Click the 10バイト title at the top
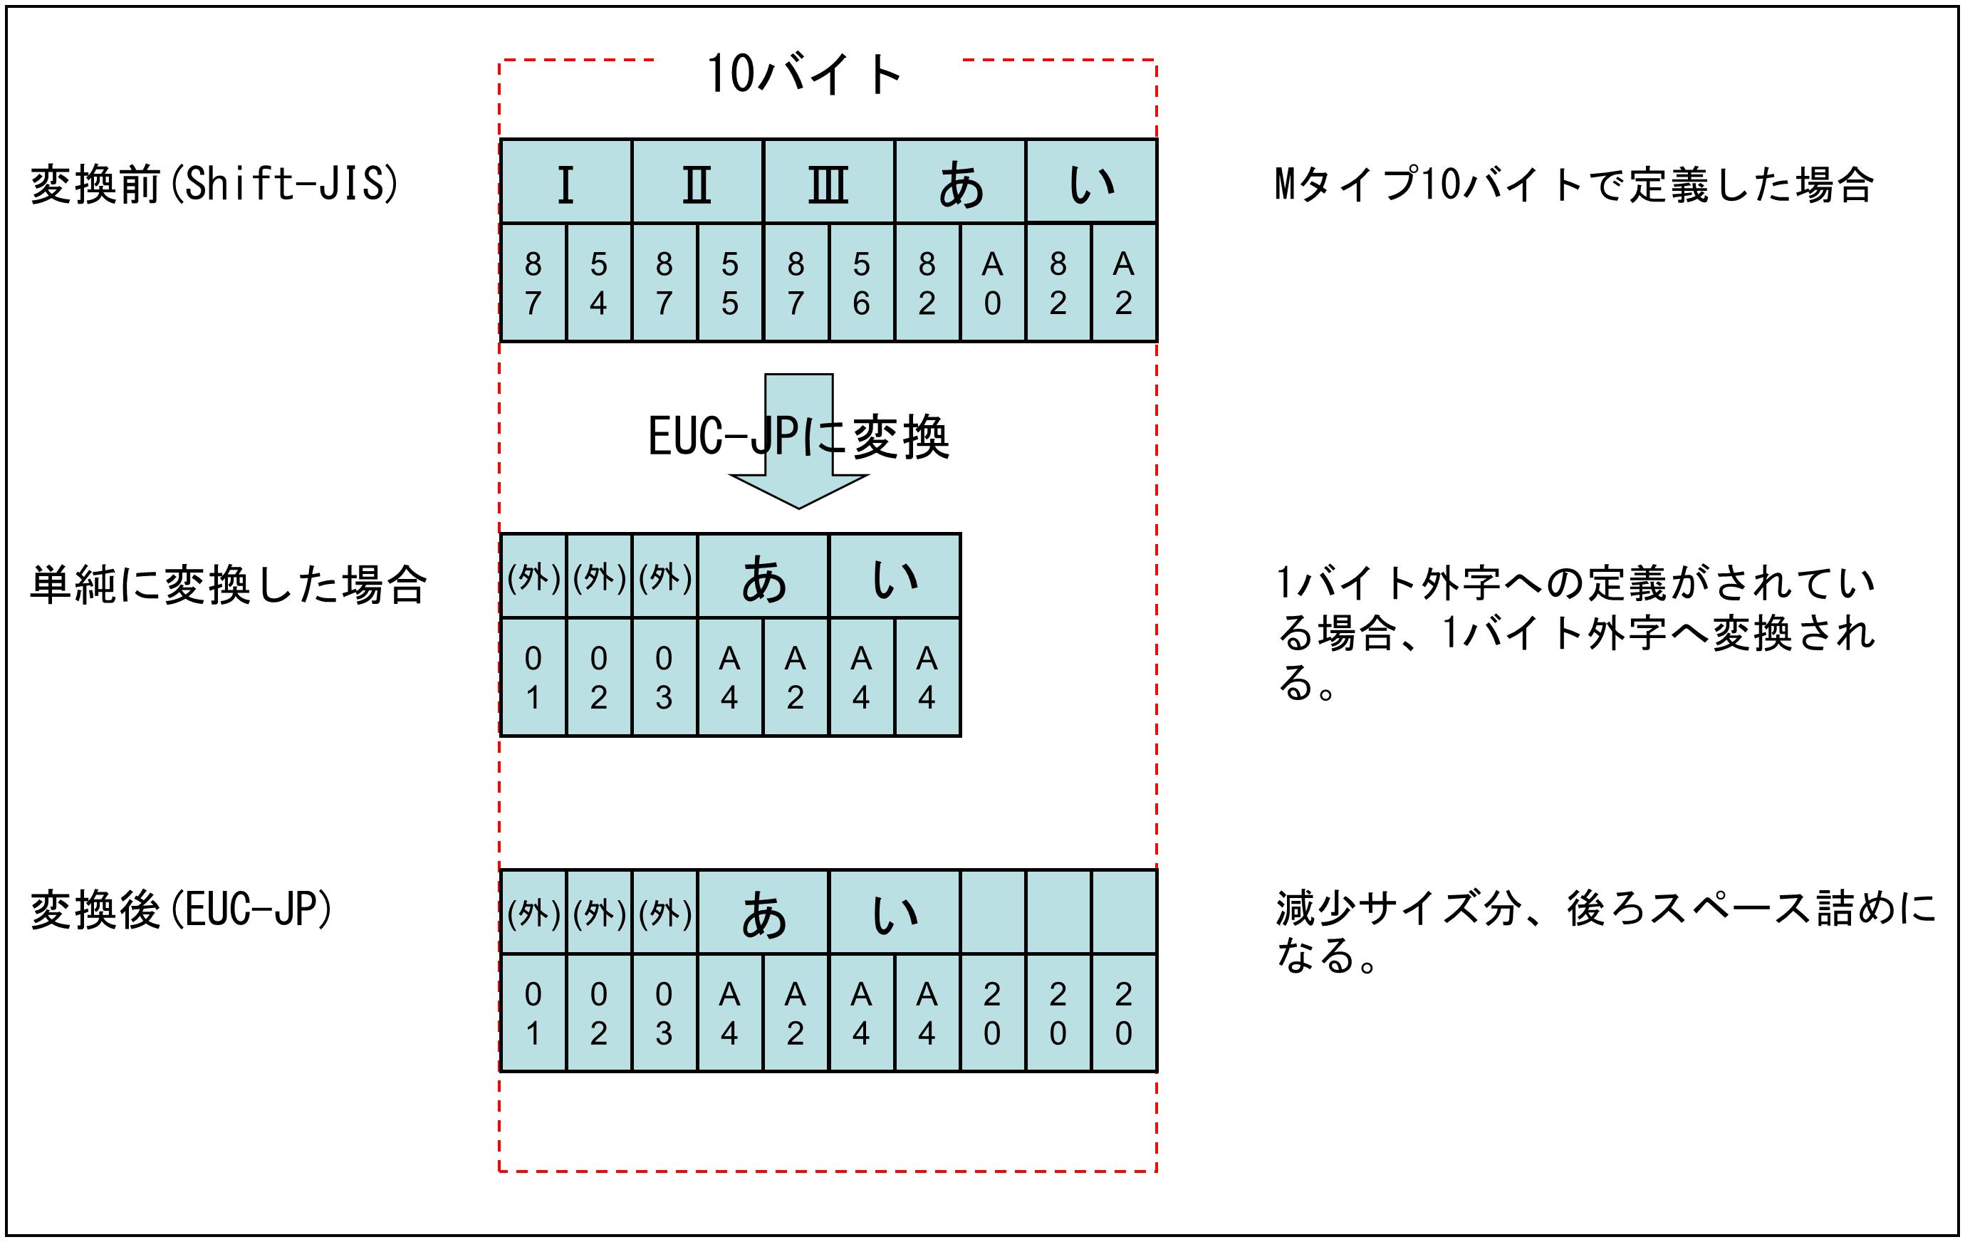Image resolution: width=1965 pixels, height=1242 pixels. click(805, 74)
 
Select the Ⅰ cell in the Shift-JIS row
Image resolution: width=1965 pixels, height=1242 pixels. click(565, 182)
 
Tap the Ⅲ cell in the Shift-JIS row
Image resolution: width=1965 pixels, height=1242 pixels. click(828, 182)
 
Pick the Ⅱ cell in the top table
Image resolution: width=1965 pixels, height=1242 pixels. click(697, 182)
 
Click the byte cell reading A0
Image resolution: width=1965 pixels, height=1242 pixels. click(992, 283)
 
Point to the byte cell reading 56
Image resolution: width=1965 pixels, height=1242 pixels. click(861, 283)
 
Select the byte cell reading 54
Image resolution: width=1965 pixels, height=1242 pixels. click(598, 283)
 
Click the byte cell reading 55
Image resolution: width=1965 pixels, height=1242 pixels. click(729, 283)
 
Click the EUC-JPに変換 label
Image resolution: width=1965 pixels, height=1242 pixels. click(798, 437)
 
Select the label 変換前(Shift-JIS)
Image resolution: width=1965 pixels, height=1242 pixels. click(214, 184)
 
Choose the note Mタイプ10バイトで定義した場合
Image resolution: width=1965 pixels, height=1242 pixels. click(1573, 184)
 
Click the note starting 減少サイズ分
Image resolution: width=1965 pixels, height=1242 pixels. click(1603, 931)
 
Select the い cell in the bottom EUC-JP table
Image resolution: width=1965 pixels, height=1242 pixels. click(895, 913)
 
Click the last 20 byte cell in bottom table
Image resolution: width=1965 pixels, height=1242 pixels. click(1124, 1013)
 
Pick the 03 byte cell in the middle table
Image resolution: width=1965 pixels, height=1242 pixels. click(664, 677)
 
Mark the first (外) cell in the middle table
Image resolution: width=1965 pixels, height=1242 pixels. click(533, 577)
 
